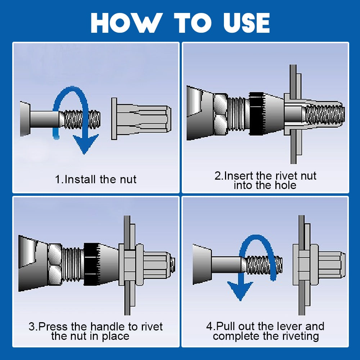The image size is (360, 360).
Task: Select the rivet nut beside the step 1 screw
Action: [140, 119]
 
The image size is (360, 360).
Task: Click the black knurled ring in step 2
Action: [256, 114]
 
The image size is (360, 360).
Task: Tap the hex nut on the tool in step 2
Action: [220, 114]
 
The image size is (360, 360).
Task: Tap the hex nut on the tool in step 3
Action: [55, 264]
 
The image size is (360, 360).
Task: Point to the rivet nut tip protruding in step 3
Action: [172, 265]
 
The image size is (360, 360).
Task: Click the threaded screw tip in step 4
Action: [266, 265]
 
